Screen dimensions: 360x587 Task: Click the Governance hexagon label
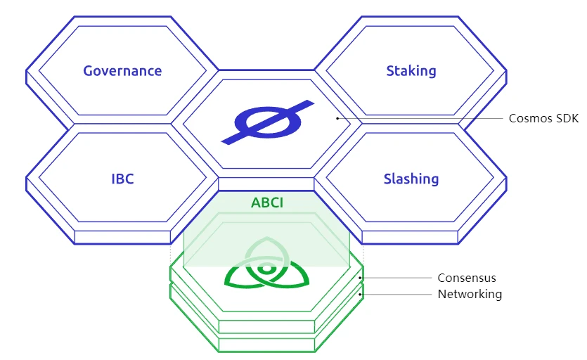(x=122, y=71)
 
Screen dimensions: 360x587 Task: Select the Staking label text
(x=411, y=71)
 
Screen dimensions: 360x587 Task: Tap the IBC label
(x=122, y=179)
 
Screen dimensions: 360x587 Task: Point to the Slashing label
(x=411, y=179)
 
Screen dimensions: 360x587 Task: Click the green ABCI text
(x=266, y=203)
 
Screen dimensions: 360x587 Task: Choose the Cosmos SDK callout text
(x=543, y=118)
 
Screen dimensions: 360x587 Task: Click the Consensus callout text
(x=467, y=278)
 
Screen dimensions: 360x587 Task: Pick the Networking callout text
(x=470, y=294)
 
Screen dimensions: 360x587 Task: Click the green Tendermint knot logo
(x=266, y=268)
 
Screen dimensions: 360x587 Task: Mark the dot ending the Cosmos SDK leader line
(x=337, y=118)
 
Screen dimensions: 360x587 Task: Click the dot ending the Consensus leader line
(x=361, y=278)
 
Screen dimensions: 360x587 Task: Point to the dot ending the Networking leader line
(x=361, y=295)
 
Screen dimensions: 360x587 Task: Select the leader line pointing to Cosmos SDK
(x=422, y=118)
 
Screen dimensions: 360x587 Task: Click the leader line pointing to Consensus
(x=397, y=278)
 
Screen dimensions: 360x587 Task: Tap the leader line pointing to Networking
(x=397, y=295)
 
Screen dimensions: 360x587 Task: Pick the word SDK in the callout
(x=566, y=118)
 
